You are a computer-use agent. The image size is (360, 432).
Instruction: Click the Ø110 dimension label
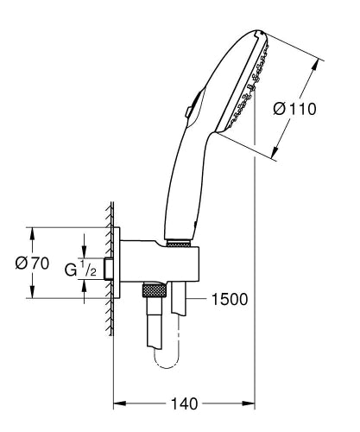(x=295, y=109)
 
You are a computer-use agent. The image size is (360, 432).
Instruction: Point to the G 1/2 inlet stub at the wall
(x=109, y=269)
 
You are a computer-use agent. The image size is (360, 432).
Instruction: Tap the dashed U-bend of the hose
(x=167, y=353)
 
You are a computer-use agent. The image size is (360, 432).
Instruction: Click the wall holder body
(x=160, y=264)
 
